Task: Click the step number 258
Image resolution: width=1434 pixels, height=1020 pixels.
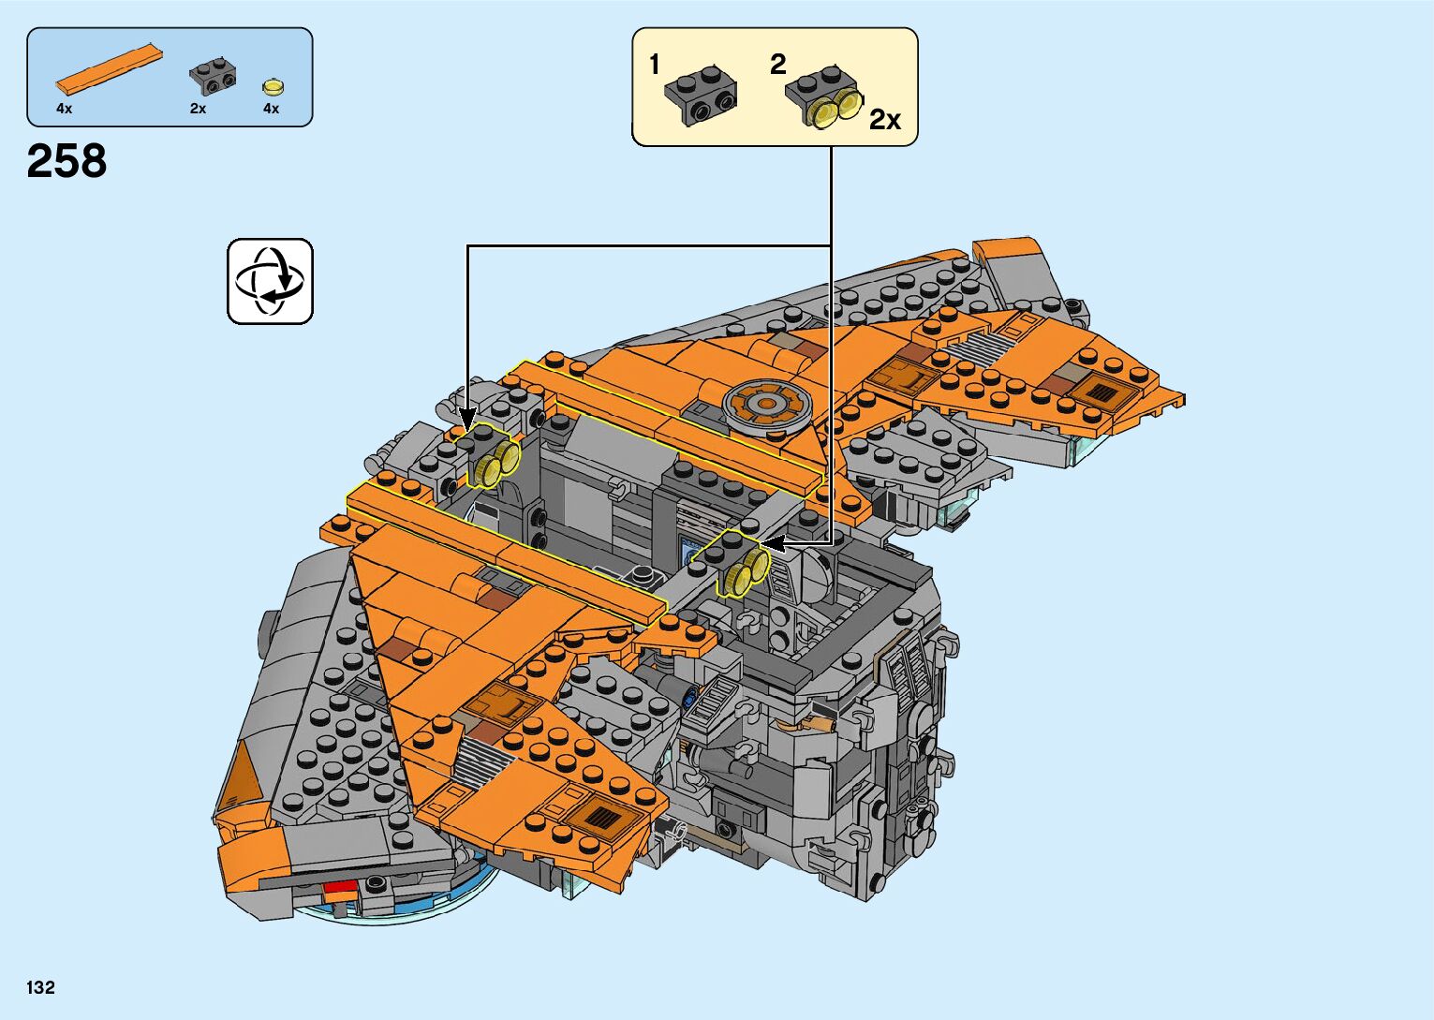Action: click(67, 161)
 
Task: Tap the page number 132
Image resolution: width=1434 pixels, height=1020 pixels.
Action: click(40, 987)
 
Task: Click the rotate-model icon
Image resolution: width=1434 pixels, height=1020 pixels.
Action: click(270, 281)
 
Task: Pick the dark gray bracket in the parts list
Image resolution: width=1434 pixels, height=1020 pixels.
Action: click(213, 76)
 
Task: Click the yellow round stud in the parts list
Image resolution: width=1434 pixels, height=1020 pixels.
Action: click(273, 87)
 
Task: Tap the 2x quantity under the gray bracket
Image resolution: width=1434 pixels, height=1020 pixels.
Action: click(198, 109)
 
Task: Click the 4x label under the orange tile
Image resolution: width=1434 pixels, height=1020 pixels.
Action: click(64, 109)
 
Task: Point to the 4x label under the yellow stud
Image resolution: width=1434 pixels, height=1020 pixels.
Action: click(271, 109)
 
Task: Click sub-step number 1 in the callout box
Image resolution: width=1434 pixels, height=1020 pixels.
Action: click(655, 65)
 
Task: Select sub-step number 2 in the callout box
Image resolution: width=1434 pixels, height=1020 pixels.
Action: click(778, 65)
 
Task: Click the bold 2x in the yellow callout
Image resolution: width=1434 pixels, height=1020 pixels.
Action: click(884, 120)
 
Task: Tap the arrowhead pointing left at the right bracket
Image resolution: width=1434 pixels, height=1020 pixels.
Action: click(770, 541)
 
